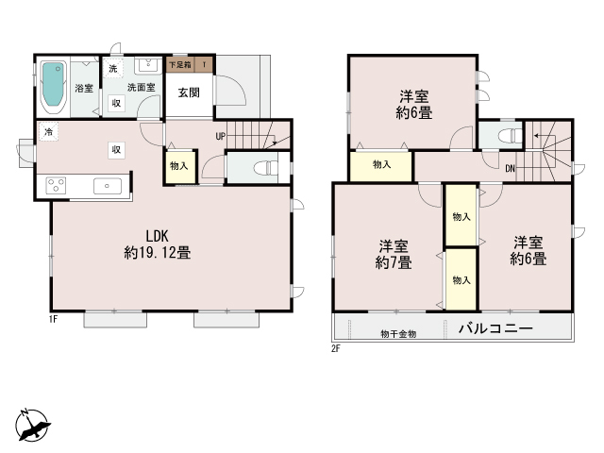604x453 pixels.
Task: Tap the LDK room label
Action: [x=158, y=235]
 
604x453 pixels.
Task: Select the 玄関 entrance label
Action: [x=189, y=92]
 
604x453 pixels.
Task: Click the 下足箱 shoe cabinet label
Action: [x=180, y=65]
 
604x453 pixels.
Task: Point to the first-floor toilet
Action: [x=265, y=168]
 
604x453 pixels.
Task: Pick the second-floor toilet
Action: [x=510, y=136]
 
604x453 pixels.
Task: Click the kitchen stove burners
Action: [x=56, y=185]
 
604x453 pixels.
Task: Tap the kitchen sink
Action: [x=108, y=186]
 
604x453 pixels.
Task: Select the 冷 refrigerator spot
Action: [x=48, y=132]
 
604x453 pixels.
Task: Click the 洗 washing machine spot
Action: [x=113, y=69]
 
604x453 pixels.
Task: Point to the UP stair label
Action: [x=220, y=136]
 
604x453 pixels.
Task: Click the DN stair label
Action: [x=510, y=168]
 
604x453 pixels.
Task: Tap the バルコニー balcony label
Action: [x=495, y=328]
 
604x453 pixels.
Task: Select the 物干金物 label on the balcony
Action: [x=398, y=334]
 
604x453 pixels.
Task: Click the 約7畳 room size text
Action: [x=394, y=262]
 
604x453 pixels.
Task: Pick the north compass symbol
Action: [x=32, y=425]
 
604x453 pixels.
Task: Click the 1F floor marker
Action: [x=53, y=319]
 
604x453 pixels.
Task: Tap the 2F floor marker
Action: [x=336, y=348]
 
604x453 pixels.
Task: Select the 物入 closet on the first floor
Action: [x=179, y=166]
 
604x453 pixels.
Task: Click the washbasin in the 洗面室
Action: [x=148, y=65]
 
